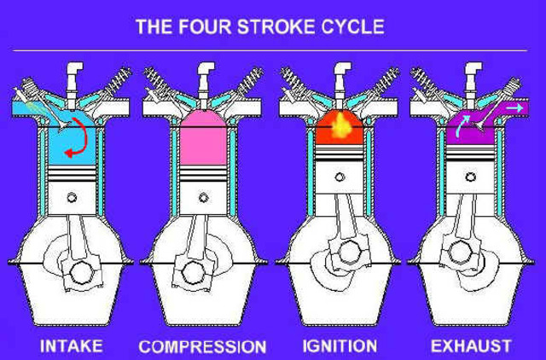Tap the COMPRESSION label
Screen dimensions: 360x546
(202, 346)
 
